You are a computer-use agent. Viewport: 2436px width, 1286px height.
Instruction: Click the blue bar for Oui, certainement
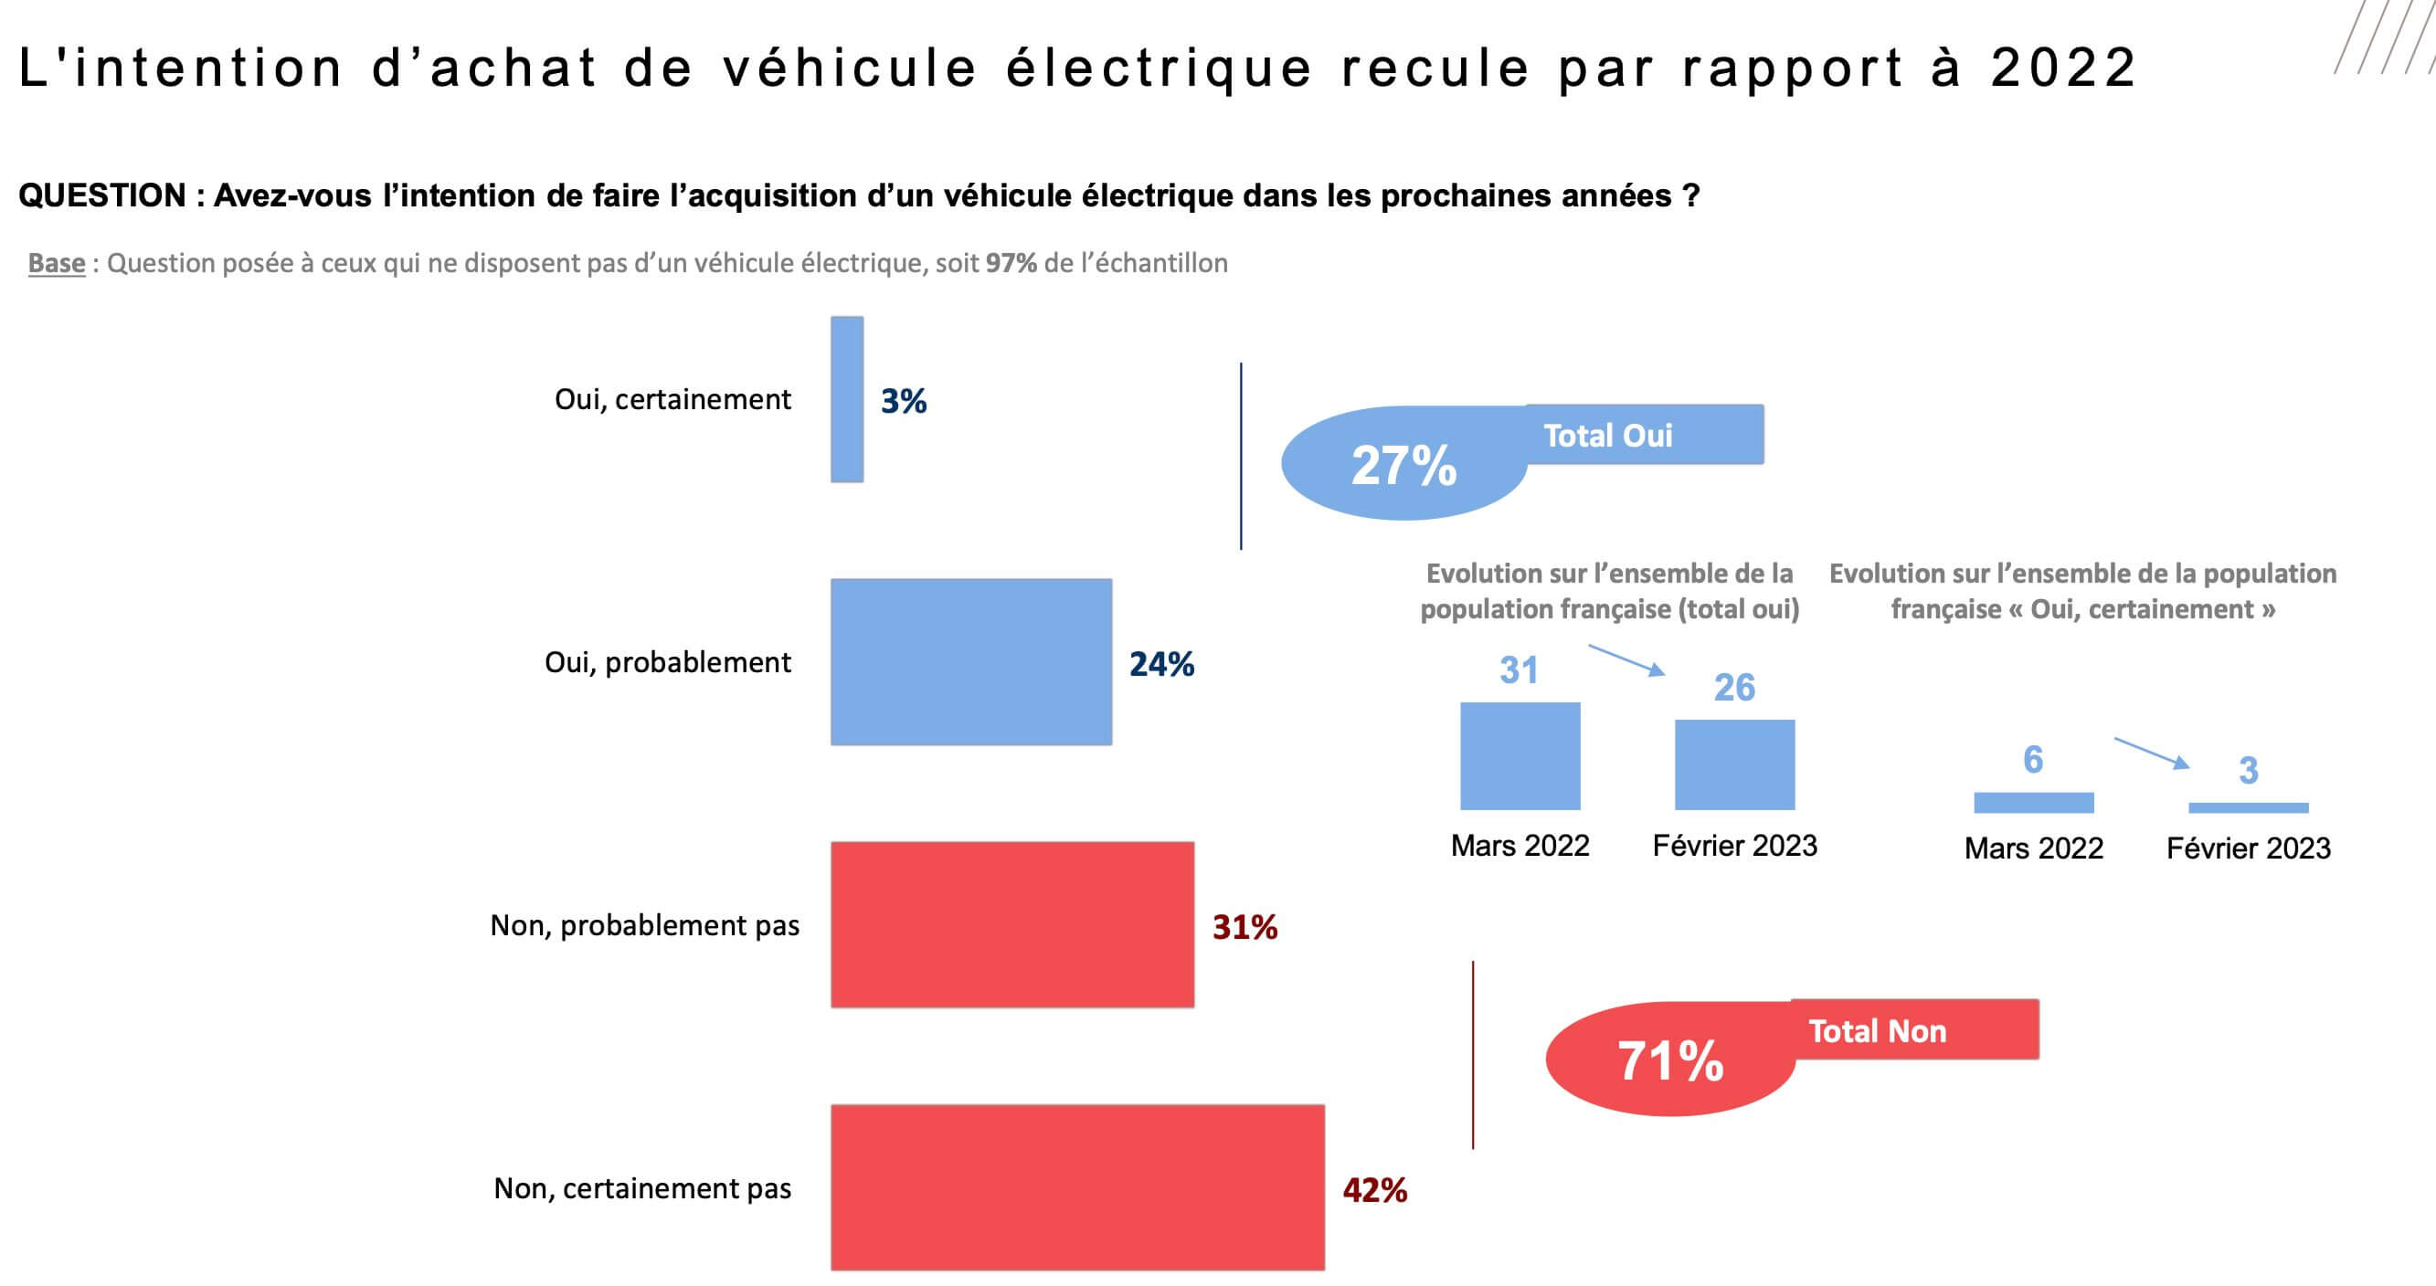[x=846, y=399]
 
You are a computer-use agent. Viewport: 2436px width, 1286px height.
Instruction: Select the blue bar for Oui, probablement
[x=971, y=662]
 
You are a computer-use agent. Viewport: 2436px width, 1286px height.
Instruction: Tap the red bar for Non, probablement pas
[x=1011, y=925]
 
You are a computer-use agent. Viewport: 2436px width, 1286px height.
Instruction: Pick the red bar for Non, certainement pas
[x=1077, y=1187]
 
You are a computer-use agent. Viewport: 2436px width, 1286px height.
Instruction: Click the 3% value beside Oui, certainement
[x=903, y=401]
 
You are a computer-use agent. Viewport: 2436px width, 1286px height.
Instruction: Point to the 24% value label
[x=1161, y=664]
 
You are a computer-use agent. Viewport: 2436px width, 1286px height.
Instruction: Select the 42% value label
[x=1375, y=1189]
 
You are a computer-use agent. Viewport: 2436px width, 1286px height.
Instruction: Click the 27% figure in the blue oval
[x=1403, y=465]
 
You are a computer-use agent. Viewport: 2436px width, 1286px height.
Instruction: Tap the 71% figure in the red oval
[x=1670, y=1060]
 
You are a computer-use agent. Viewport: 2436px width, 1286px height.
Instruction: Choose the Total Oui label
[x=1607, y=436]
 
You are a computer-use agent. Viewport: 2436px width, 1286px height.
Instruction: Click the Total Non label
[x=1877, y=1030]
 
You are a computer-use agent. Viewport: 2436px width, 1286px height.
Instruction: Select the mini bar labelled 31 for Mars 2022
[x=1520, y=755]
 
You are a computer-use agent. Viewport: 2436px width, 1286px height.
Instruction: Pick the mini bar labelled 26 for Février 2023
[x=1734, y=764]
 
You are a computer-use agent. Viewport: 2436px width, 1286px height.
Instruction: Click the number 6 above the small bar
[x=2033, y=759]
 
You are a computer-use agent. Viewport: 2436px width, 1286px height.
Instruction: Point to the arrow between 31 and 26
[x=1626, y=659]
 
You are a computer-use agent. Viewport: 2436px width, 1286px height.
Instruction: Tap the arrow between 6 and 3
[x=2151, y=753]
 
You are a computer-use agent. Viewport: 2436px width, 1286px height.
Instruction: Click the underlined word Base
[x=57, y=263]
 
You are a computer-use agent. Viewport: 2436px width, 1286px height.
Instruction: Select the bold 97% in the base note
[x=1011, y=263]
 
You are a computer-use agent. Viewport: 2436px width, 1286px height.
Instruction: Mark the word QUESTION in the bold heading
[x=102, y=195]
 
